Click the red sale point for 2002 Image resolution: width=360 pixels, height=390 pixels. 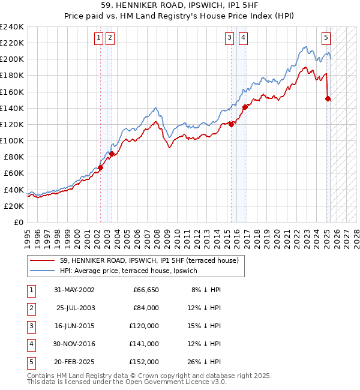(100, 168)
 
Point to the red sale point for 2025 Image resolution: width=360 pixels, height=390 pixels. (328, 98)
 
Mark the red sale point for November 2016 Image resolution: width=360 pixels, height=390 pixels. (245, 107)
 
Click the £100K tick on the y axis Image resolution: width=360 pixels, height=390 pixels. (12, 140)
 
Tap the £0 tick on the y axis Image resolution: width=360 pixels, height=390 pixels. (18, 222)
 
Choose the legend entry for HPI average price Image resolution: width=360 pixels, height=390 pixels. (132, 271)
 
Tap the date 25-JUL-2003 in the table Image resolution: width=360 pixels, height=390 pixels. (76, 308)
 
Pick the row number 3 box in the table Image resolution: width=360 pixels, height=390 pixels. (31, 326)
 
